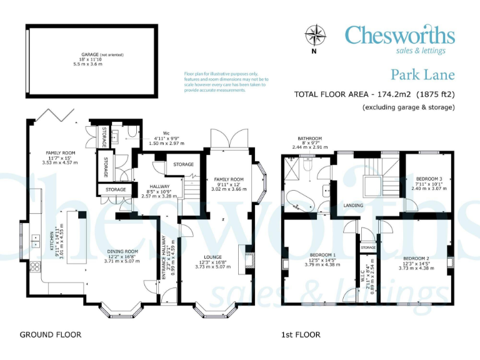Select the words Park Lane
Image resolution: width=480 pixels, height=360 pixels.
pyautogui.click(x=422, y=76)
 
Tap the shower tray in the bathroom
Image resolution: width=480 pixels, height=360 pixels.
pyautogui.click(x=291, y=166)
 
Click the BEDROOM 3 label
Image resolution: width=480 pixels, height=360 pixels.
pyautogui.click(x=426, y=178)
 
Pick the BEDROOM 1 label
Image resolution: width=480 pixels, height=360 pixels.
pyautogui.click(x=322, y=255)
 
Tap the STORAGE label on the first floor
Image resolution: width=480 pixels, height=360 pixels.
pyautogui.click(x=368, y=248)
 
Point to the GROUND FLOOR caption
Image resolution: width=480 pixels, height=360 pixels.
pyautogui.click(x=50, y=334)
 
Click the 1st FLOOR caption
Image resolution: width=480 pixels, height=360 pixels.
pyautogui.click(x=301, y=334)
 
